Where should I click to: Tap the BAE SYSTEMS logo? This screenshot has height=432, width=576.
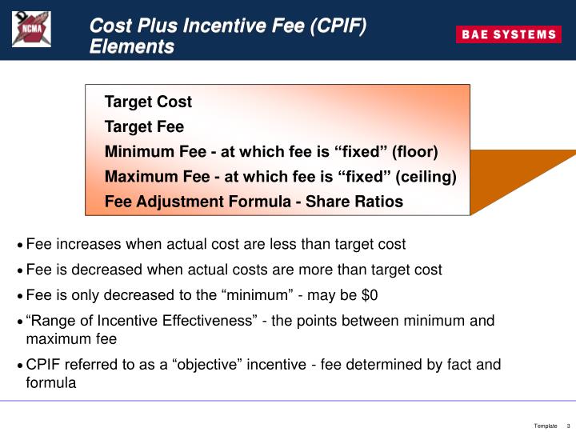(508, 34)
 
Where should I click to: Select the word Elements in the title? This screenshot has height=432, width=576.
(131, 46)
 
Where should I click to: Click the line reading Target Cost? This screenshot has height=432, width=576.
(148, 102)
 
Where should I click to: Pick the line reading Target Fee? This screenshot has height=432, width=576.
(144, 126)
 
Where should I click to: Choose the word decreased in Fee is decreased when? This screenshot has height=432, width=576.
(99, 270)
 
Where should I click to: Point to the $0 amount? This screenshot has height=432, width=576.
(369, 295)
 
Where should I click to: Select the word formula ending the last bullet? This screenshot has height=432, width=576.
(51, 382)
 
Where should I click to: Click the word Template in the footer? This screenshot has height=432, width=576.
(546, 426)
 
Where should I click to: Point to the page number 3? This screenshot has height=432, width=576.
(568, 426)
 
